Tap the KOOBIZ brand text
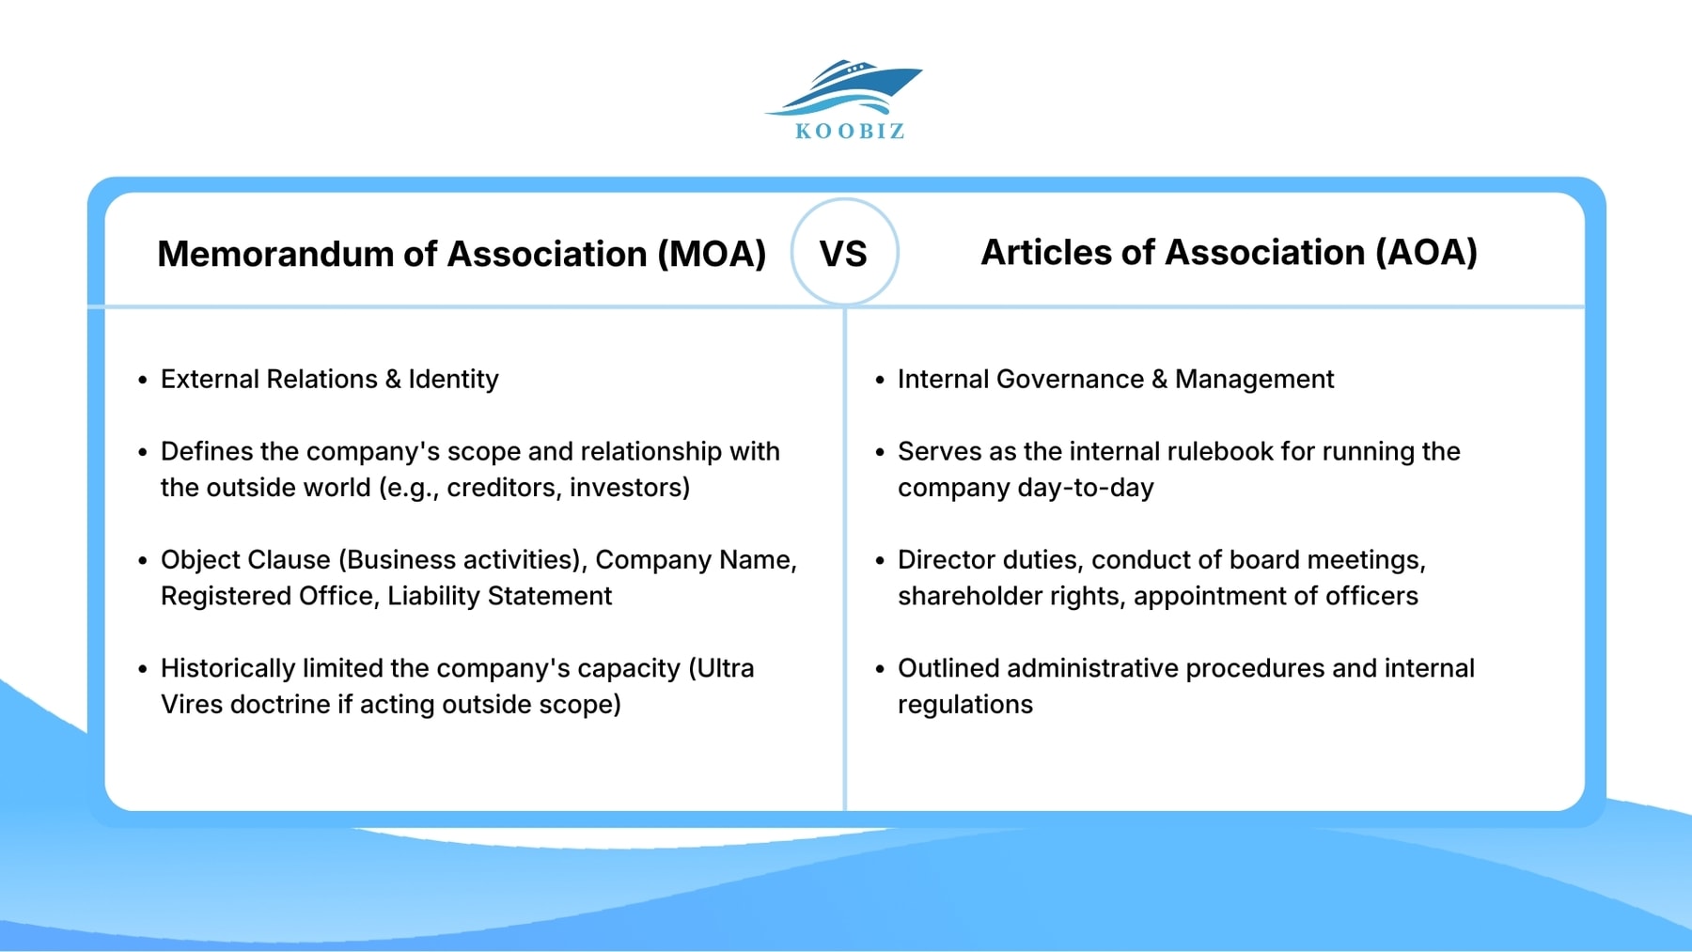tap(850, 132)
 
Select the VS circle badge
tap(844, 253)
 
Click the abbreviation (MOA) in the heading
tap(712, 255)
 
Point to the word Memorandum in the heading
tap(274, 255)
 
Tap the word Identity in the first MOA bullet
tap(453, 380)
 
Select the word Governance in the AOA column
tap(1070, 380)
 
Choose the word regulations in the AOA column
tap(964, 705)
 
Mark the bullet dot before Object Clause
tap(143, 561)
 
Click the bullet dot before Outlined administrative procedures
tap(880, 669)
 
